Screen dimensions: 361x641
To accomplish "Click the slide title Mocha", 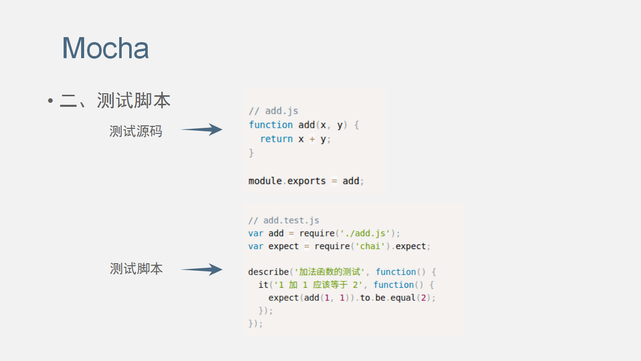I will [105, 48].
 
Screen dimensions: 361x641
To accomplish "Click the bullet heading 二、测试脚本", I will [115, 100].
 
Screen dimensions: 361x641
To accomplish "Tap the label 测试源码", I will [136, 131].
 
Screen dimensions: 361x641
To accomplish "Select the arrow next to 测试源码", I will [202, 130].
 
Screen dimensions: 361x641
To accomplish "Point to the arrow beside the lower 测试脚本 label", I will [202, 270].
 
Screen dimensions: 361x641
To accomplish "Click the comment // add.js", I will [273, 111].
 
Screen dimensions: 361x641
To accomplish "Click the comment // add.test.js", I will [283, 221].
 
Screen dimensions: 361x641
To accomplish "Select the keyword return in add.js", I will [276, 139].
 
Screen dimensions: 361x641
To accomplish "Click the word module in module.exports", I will [265, 181].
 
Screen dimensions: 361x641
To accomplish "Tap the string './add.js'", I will [365, 233].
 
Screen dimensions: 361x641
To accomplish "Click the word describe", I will [268, 272].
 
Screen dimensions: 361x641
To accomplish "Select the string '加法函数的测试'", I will [329, 272].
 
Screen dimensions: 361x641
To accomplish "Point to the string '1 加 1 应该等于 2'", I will [317, 285].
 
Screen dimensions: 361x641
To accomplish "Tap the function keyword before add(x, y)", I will [271, 125].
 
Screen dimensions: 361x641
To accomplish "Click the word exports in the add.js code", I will [306, 181].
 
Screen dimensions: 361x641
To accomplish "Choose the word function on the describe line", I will [396, 272].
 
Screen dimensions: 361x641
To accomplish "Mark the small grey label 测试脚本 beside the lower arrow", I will [136, 269].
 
